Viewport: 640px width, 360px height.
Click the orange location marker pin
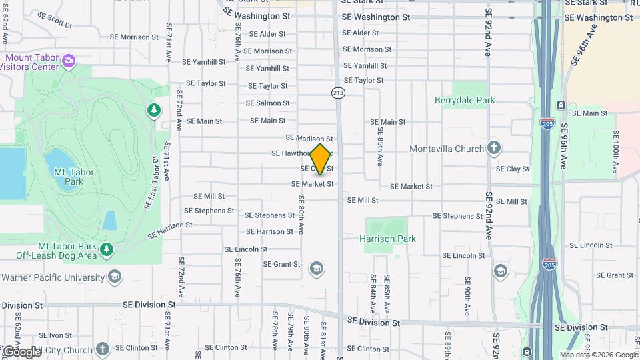321,159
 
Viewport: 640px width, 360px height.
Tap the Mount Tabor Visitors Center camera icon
68,62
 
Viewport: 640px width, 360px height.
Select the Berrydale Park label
465,101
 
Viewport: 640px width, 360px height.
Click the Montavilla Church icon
493,148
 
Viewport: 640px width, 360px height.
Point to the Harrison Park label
387,239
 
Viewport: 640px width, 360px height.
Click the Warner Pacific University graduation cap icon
115,277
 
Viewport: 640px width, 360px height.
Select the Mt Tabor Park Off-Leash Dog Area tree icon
107,250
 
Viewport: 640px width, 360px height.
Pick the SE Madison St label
309,138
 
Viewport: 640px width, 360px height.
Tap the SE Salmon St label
267,103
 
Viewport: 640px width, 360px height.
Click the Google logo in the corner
21,351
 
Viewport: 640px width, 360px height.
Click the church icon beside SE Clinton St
102,349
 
